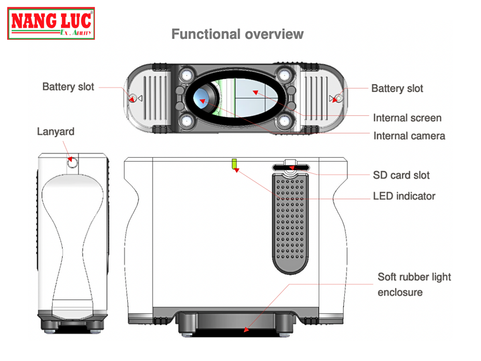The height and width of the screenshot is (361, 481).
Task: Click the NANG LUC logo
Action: click(x=51, y=23)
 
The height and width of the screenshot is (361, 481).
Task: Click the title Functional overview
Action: click(x=237, y=34)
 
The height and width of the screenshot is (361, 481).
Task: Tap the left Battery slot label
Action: click(x=68, y=87)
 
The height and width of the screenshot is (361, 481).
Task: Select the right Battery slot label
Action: click(x=397, y=88)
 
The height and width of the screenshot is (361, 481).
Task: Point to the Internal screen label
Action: click(x=407, y=118)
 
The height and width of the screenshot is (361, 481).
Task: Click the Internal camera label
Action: click(x=409, y=136)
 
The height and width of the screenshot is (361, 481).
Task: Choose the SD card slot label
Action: click(x=401, y=175)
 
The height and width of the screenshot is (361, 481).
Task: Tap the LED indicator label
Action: click(x=404, y=196)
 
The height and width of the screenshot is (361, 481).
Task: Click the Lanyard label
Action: click(x=56, y=132)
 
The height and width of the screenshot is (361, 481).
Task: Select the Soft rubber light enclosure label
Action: click(x=414, y=284)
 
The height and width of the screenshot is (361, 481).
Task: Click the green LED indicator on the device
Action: click(x=234, y=164)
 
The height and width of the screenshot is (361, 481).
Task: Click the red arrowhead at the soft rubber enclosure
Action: click(x=246, y=330)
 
